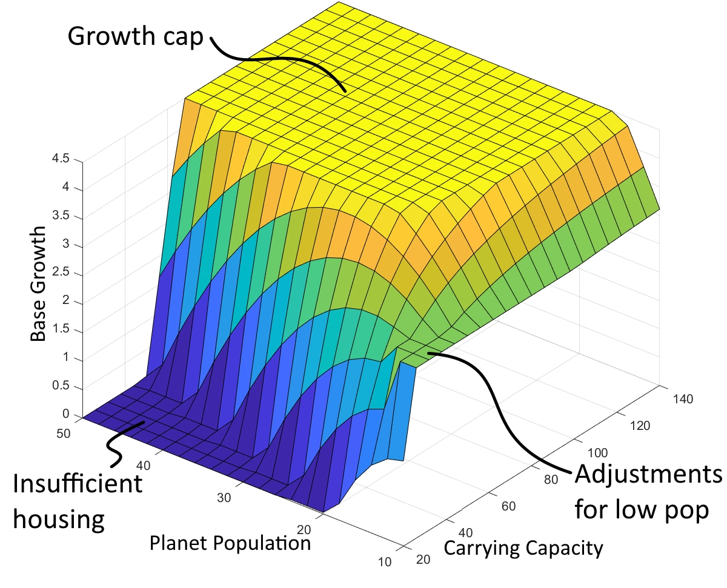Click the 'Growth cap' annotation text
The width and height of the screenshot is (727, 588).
click(x=136, y=36)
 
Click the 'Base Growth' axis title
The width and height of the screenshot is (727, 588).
click(x=38, y=284)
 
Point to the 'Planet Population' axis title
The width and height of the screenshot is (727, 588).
click(x=230, y=543)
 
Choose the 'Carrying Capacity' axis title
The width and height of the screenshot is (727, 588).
click(x=523, y=548)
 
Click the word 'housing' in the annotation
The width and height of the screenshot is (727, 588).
click(x=58, y=520)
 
